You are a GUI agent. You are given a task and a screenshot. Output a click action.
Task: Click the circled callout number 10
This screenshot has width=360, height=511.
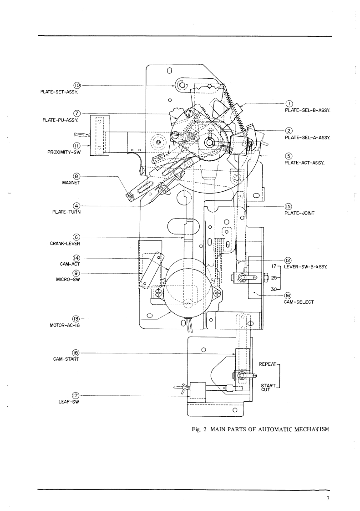tap(77, 85)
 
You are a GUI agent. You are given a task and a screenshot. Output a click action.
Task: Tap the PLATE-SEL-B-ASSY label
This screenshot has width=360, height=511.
tap(308, 111)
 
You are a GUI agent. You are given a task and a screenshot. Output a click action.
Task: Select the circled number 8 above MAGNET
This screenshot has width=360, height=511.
tap(76, 177)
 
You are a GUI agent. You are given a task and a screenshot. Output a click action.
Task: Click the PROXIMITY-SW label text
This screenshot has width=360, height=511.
tap(64, 152)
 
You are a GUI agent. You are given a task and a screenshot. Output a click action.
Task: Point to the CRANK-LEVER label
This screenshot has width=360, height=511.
tap(65, 244)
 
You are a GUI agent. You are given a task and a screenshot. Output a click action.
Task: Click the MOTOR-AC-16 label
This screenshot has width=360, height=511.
tap(65, 325)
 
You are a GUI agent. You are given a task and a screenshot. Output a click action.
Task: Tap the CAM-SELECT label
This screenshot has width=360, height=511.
tap(299, 302)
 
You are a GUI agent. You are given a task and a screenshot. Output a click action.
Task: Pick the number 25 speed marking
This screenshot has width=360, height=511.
tap(274, 278)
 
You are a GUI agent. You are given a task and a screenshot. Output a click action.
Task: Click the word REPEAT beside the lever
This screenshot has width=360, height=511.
tap(268, 364)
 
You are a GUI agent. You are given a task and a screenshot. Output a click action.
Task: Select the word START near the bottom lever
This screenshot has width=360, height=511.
tap(268, 386)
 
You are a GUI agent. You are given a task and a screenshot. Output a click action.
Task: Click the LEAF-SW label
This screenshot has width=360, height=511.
tap(69, 402)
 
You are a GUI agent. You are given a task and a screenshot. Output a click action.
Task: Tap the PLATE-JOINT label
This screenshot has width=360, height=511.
tap(299, 213)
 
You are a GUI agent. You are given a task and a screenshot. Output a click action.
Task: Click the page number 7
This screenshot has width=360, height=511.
tap(328, 498)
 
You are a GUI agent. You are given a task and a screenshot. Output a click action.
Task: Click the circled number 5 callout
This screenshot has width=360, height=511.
tap(289, 156)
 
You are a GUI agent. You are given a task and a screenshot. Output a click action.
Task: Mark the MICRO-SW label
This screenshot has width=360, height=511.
tap(68, 279)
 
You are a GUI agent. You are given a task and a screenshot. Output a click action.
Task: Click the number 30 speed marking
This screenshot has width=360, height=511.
tap(274, 289)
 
